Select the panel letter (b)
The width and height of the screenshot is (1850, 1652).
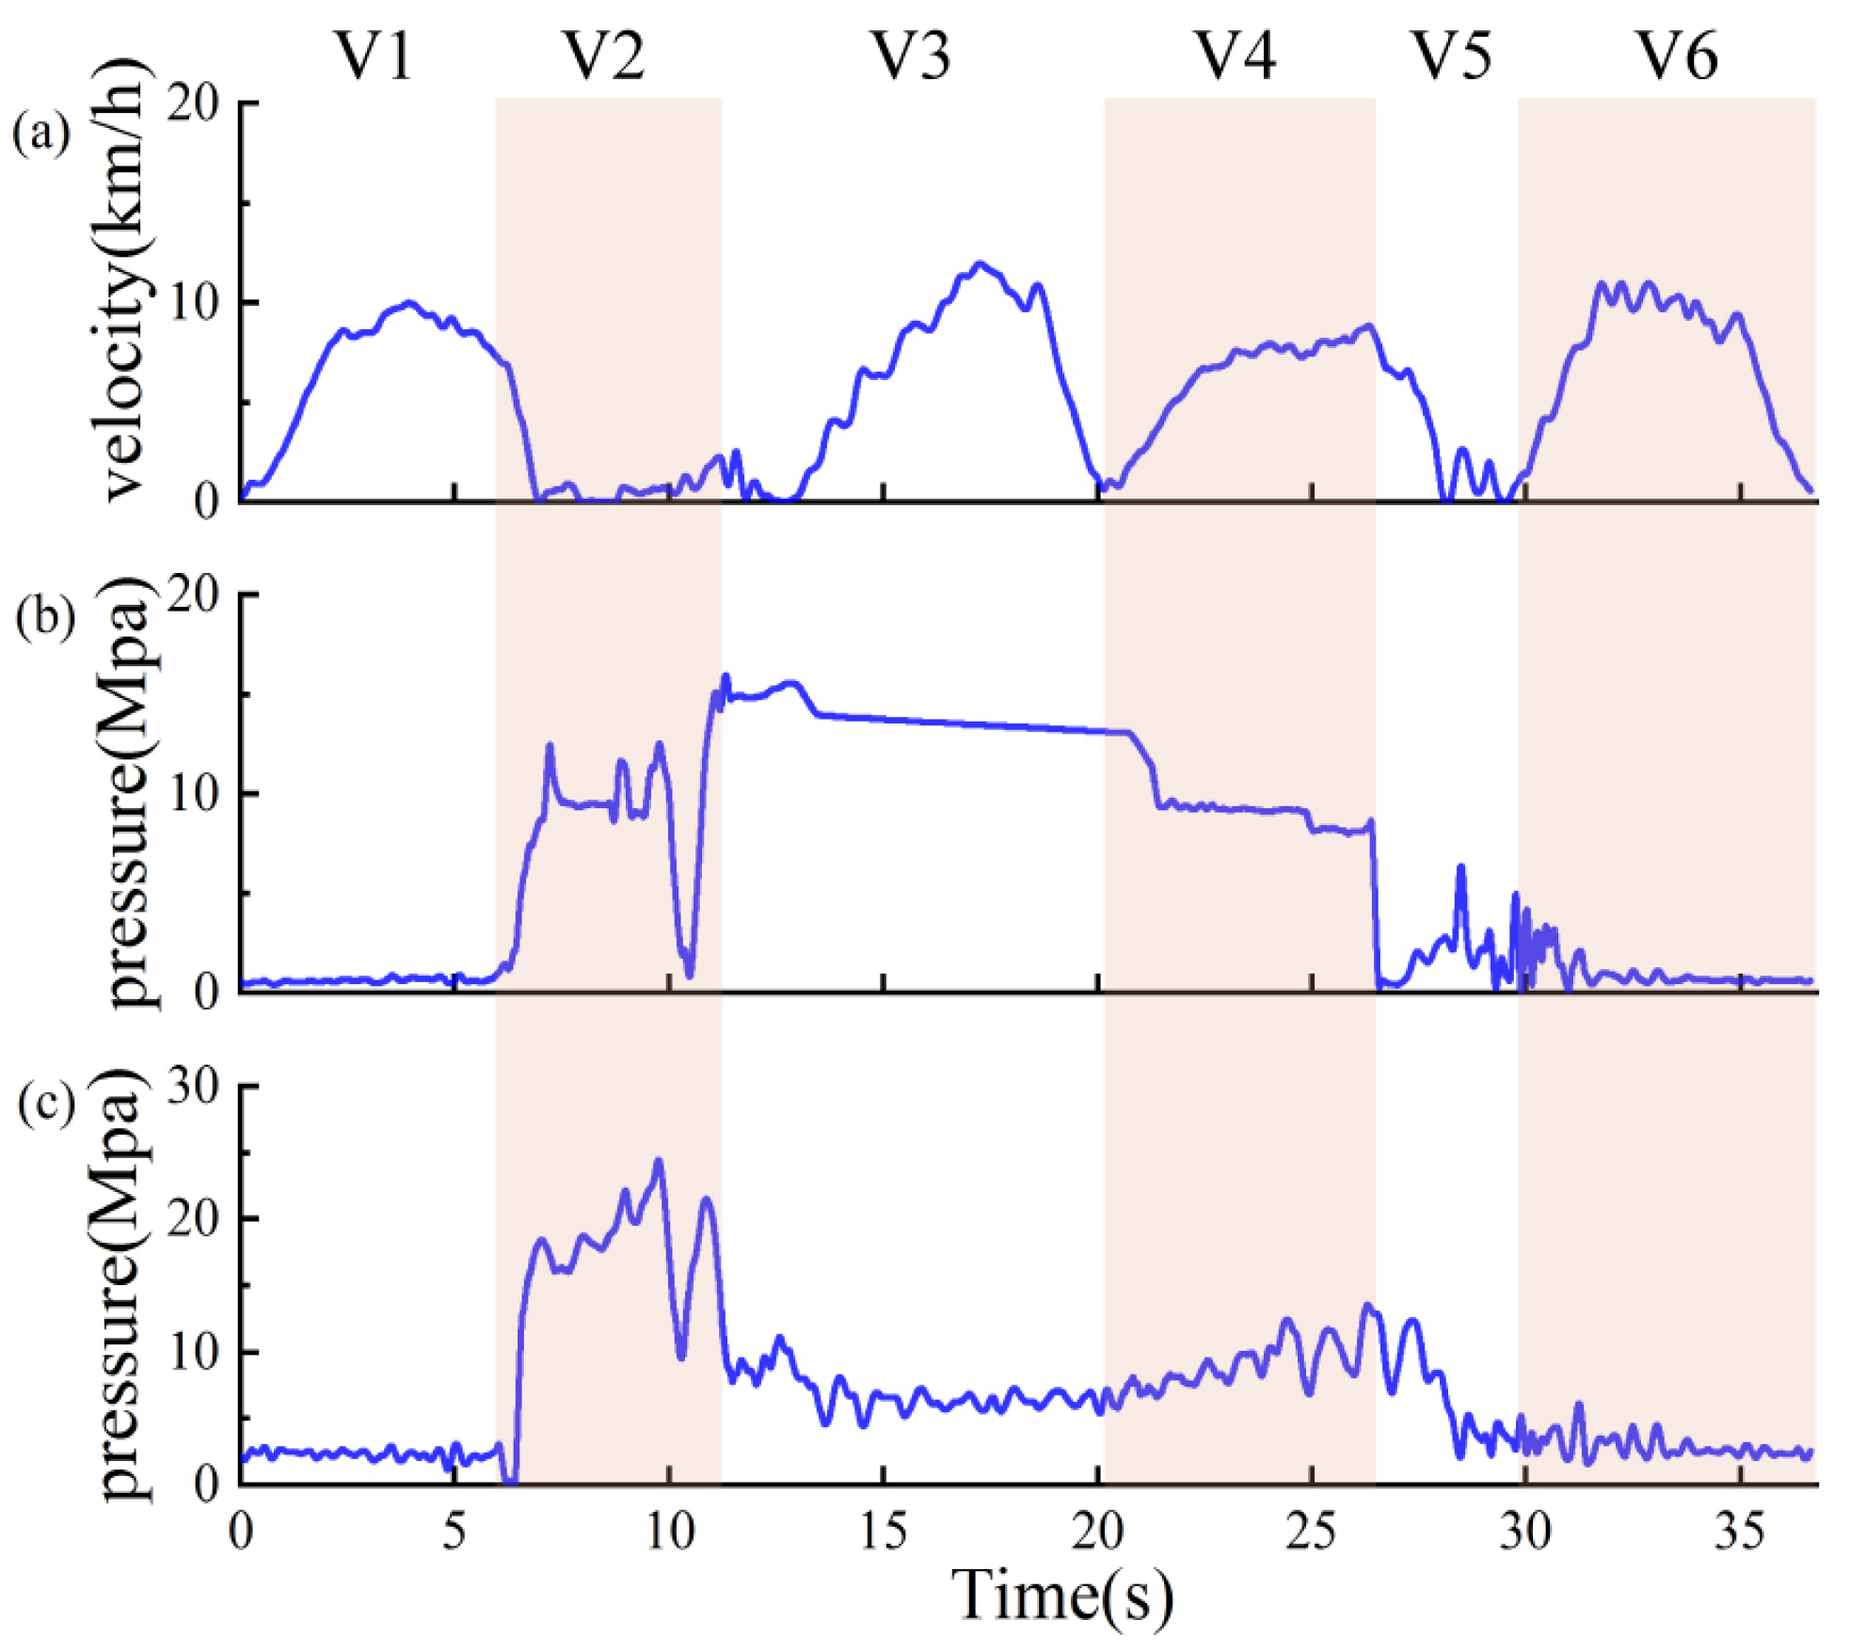pos(45,619)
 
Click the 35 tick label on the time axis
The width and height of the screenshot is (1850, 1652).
pos(1739,1532)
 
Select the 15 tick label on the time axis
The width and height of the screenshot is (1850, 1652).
pos(883,1532)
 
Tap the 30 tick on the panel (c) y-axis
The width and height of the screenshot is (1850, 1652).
pos(193,1088)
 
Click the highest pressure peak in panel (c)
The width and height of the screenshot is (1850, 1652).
pos(658,1161)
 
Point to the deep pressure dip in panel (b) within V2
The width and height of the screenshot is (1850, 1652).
pos(689,976)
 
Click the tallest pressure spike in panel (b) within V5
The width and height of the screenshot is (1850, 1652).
pos(1460,866)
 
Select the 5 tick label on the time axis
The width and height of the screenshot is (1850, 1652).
pos(454,1532)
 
